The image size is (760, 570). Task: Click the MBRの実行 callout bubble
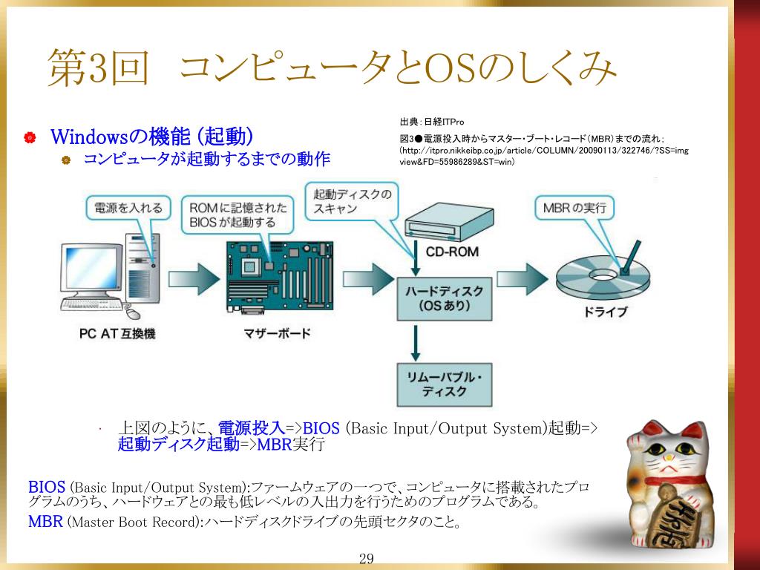(x=574, y=209)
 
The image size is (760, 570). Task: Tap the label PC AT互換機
(x=117, y=334)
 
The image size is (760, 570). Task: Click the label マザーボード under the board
(x=278, y=334)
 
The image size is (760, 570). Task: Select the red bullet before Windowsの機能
(x=30, y=137)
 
